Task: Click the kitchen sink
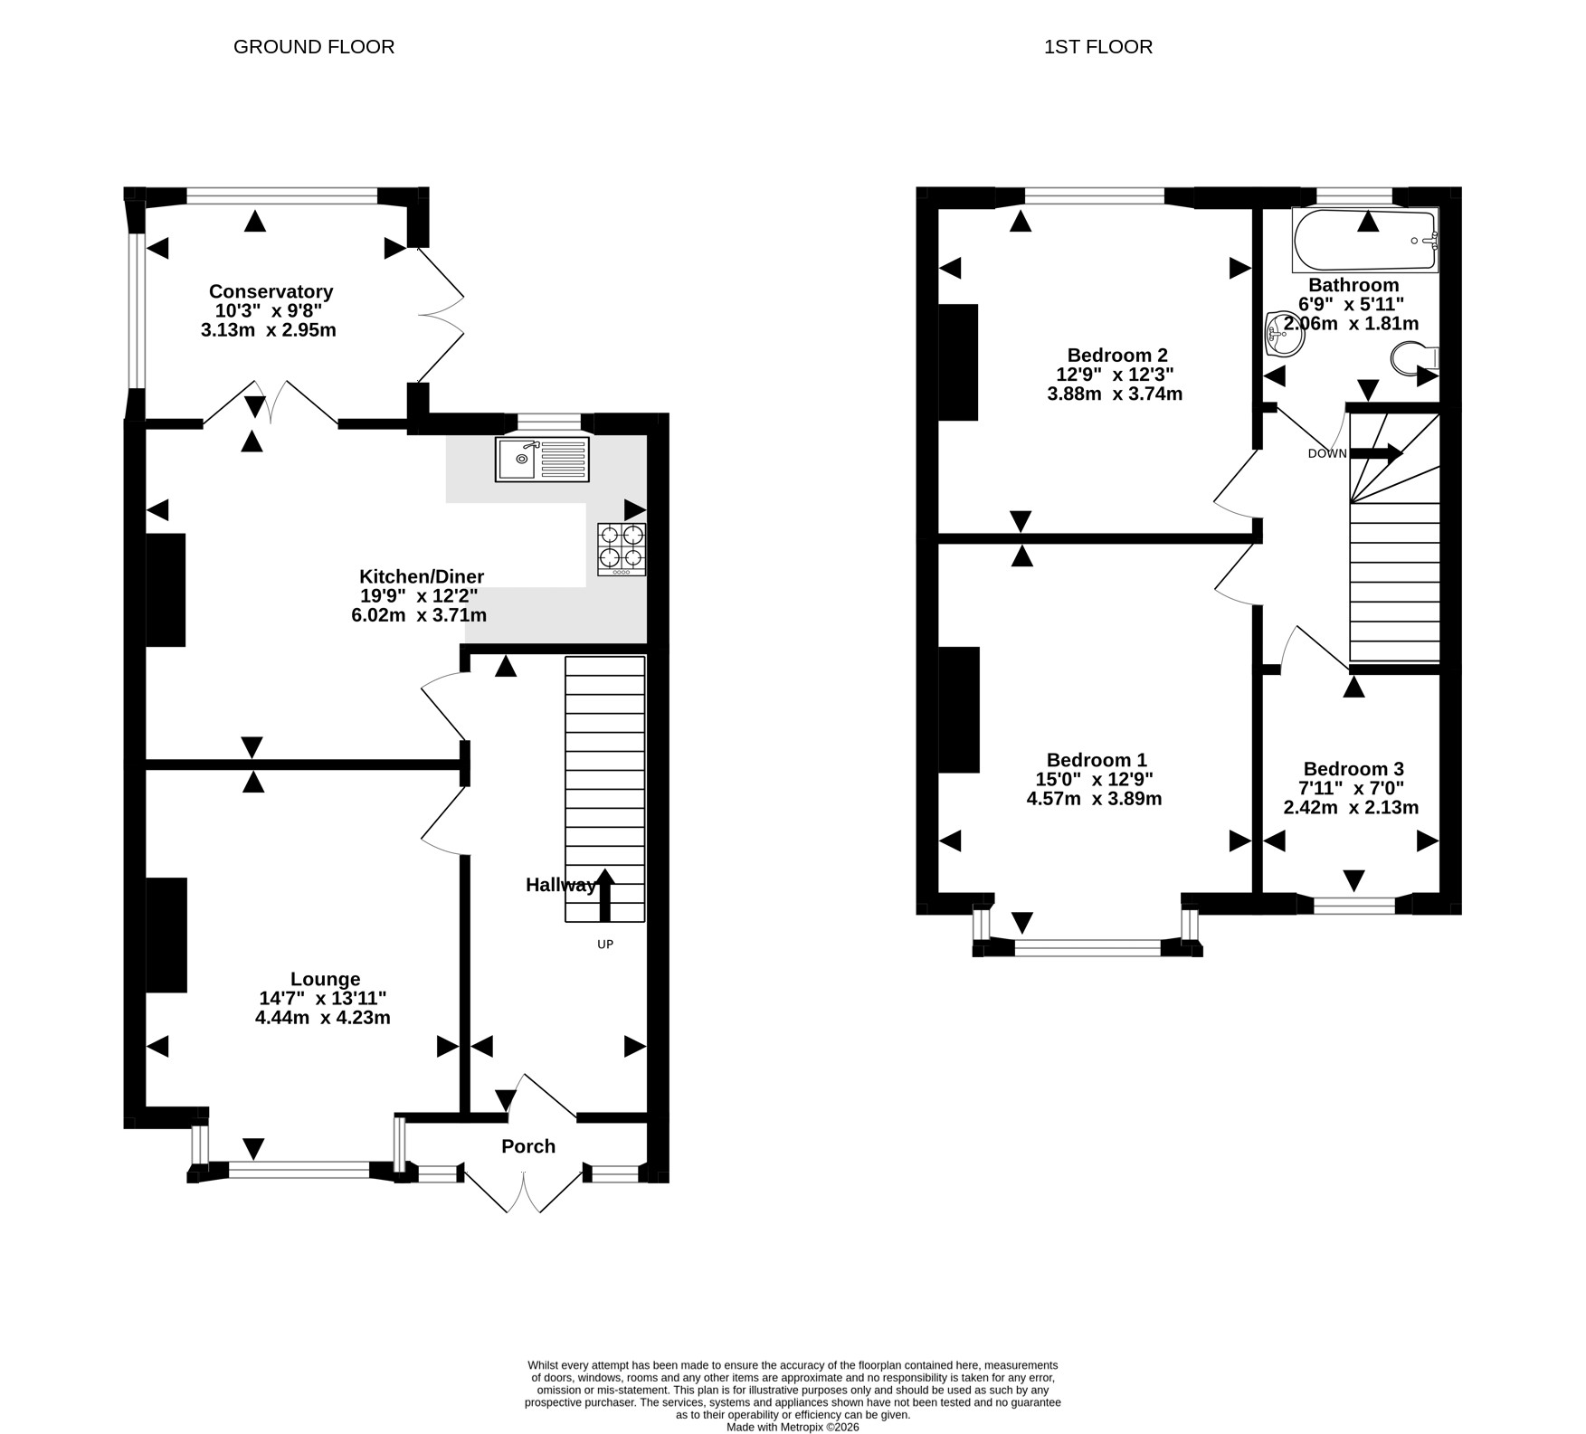pos(542,459)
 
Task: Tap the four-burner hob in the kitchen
pos(622,549)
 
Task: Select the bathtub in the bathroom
pos(1365,240)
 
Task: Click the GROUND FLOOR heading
pos(314,47)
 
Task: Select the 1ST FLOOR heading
pos(1098,47)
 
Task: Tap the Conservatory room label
pos(271,291)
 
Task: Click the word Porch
pos(528,1146)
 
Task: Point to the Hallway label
pos(561,885)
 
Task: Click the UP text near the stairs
pos(605,945)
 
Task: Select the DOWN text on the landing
pos(1327,453)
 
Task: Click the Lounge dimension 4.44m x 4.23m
pos(323,1017)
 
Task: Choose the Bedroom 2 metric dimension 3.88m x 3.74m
pos(1115,394)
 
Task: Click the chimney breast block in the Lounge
pos(166,935)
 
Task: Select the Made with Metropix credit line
pos(793,1427)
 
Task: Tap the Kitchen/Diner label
pos(422,576)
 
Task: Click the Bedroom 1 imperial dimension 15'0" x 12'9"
pos(1095,779)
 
